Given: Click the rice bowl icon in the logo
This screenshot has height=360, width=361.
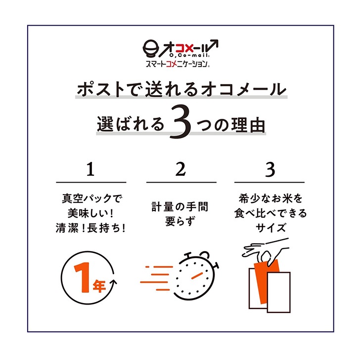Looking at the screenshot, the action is click(151, 49).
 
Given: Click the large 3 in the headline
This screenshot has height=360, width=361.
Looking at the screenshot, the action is click(180, 122).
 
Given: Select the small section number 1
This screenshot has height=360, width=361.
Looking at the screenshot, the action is click(90, 169).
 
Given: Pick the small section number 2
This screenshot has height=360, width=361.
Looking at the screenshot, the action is click(180, 169).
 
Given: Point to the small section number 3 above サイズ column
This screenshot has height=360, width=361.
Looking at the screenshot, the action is click(270, 169).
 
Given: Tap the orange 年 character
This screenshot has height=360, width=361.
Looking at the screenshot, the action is click(99, 286).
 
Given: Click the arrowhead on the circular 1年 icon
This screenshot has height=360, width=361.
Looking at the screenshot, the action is click(114, 282).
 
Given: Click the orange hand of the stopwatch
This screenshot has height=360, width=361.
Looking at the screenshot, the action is click(197, 276).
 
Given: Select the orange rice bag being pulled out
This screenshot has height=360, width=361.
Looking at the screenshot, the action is click(267, 281).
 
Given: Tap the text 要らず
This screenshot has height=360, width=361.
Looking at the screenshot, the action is click(180, 221).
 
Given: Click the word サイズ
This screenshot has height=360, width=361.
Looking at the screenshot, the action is click(271, 227).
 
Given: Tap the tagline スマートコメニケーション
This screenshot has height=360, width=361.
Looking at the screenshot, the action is click(177, 63).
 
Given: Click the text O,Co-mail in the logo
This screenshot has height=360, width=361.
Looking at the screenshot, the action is click(189, 55).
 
